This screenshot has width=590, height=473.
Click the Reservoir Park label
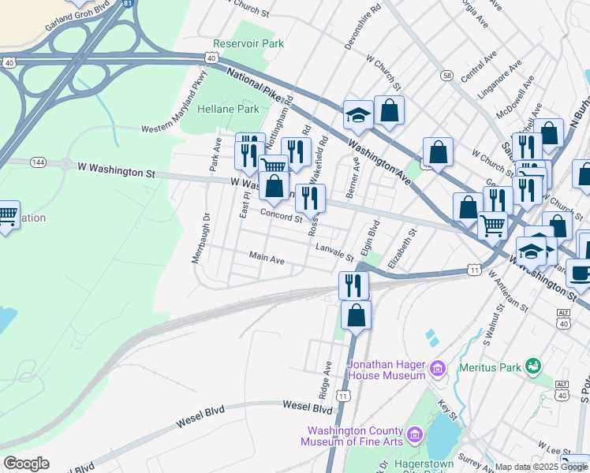click(x=248, y=44)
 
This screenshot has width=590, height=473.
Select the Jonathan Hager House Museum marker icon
click(x=438, y=368)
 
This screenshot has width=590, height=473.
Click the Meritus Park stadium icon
click(x=534, y=366)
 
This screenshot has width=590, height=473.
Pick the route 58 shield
click(x=447, y=76)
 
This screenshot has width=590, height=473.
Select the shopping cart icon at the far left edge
click(x=6, y=214)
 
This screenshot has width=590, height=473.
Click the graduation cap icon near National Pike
click(x=357, y=114)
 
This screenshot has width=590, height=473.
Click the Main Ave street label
click(x=266, y=258)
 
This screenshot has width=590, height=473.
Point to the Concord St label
click(x=282, y=216)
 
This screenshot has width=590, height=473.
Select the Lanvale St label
click(x=336, y=251)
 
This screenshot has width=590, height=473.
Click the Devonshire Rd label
click(x=363, y=26)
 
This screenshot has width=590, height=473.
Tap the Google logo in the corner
click(x=25, y=464)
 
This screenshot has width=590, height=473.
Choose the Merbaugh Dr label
click(x=198, y=238)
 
